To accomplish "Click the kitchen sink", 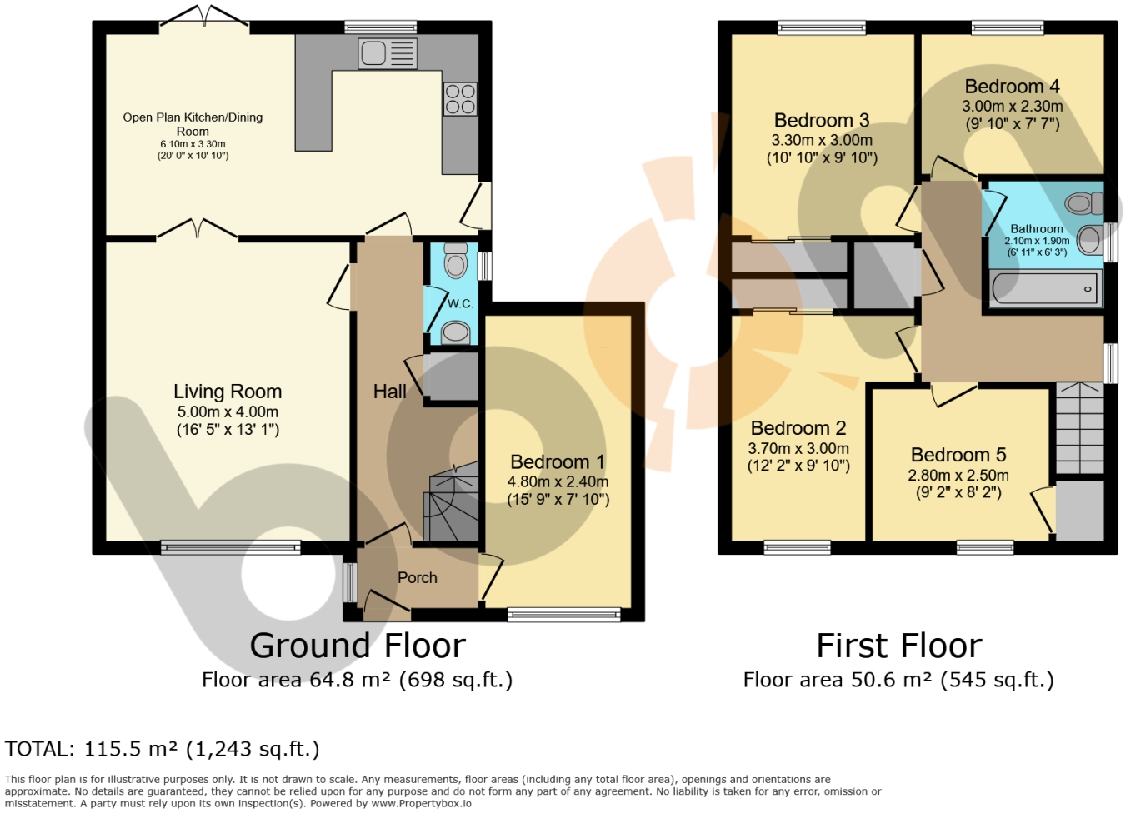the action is [388, 54].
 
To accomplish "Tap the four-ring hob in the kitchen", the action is [460, 98].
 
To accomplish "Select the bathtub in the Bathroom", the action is [1045, 288].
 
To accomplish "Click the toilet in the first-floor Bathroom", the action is [1084, 203].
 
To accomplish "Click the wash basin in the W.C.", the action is [455, 332].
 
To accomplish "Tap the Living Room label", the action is [228, 392].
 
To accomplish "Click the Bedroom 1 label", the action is [558, 461].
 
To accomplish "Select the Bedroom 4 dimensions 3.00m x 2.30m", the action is [1013, 107].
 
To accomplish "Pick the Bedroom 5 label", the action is [958, 455].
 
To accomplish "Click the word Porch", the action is [418, 578].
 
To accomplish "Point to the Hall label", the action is [389, 392].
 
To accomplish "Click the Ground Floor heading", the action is [358, 646].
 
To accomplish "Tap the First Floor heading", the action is [899, 646].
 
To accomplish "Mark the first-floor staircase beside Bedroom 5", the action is [1080, 428].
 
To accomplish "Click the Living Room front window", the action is [231, 547].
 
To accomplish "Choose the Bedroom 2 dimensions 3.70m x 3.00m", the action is [798, 448].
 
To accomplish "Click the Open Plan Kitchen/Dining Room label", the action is [193, 124].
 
